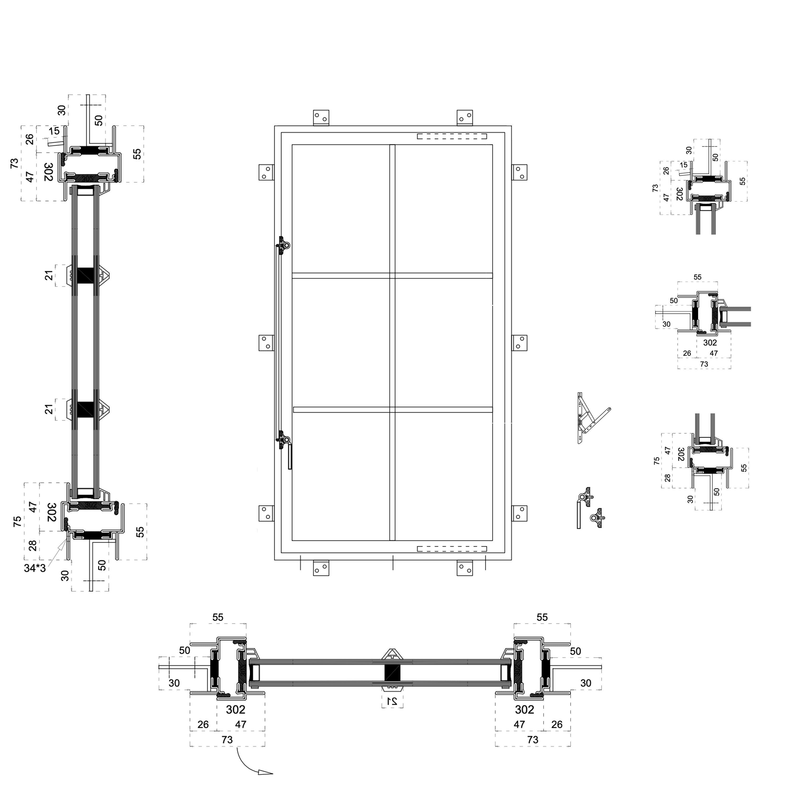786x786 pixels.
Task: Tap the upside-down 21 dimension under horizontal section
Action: click(x=392, y=701)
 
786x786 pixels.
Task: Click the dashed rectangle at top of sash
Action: click(x=452, y=136)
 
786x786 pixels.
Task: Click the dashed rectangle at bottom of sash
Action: click(x=452, y=549)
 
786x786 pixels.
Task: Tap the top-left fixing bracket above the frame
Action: click(x=321, y=118)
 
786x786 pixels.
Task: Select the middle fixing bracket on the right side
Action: click(x=519, y=342)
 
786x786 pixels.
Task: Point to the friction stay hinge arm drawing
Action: click(x=590, y=419)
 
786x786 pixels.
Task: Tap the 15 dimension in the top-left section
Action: click(x=54, y=131)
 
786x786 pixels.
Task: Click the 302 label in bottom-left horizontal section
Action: click(x=236, y=709)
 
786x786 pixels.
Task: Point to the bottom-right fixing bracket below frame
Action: click(x=465, y=568)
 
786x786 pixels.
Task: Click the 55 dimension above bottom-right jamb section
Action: click(x=542, y=617)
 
